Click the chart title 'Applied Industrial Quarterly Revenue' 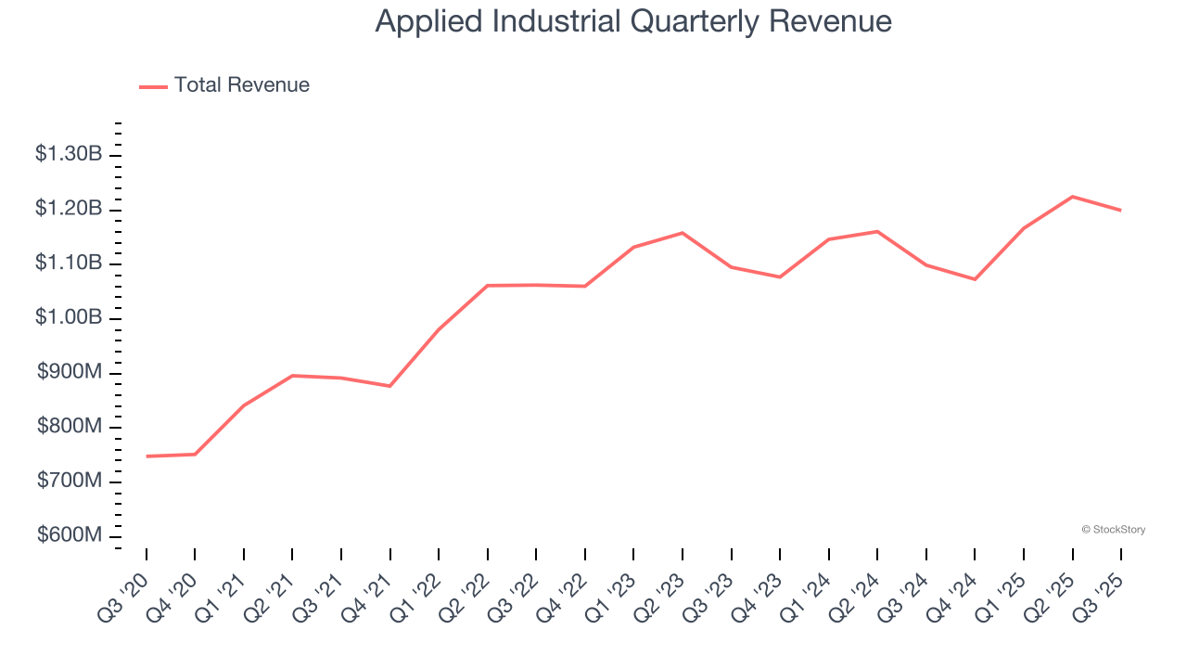(x=633, y=21)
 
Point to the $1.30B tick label (x=69, y=155)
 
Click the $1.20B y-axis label (x=69, y=209)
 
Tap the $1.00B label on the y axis (x=69, y=318)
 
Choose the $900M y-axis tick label (x=70, y=373)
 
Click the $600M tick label (x=70, y=536)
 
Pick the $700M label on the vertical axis (x=70, y=482)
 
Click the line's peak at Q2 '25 (x=1072, y=197)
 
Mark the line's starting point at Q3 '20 (x=147, y=456)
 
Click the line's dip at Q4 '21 (x=390, y=386)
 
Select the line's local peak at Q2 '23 (x=683, y=233)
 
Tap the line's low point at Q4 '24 (x=975, y=279)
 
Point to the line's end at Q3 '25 (x=1120, y=211)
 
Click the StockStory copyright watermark (x=1113, y=530)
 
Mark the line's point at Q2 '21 (x=292, y=376)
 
